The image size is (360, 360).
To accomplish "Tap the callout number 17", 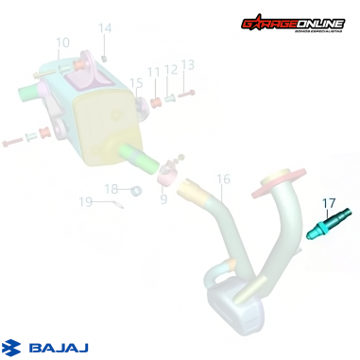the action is (329, 202).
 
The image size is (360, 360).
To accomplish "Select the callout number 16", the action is (223, 179).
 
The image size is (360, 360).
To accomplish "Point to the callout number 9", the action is (163, 199).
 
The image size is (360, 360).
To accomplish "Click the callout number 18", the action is (111, 189).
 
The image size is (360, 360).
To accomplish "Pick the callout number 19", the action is (85, 201).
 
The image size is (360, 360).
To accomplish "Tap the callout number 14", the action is (105, 28).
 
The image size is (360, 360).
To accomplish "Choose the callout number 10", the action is (62, 42).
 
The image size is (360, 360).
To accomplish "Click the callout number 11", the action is (153, 72).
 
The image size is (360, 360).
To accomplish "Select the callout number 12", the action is (170, 69).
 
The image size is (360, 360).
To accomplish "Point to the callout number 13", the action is (187, 64).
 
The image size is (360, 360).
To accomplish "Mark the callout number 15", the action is (136, 83).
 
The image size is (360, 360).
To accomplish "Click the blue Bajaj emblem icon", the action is (13, 347).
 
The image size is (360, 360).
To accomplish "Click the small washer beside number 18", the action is (135, 191).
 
